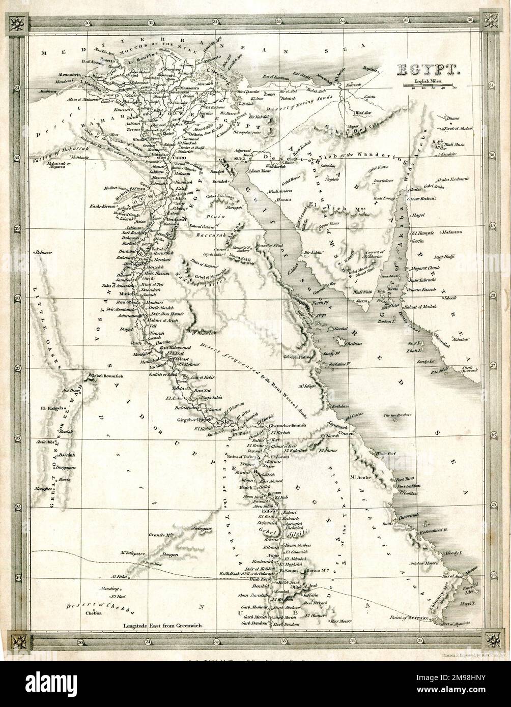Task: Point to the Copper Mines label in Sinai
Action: pos(317,224)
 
